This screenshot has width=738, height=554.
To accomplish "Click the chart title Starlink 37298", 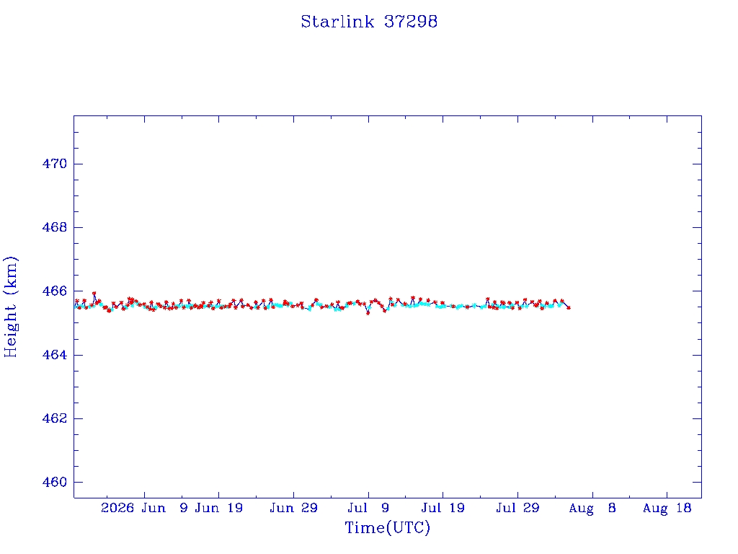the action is coord(369,22).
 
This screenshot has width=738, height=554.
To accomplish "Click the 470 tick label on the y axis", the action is coord(55,164).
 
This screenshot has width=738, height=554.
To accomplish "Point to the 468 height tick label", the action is coord(55,227).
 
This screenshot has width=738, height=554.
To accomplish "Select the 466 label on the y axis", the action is coord(55,291).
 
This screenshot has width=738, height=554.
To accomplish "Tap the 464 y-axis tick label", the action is coord(55,355).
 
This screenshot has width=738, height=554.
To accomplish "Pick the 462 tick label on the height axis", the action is coord(55,418).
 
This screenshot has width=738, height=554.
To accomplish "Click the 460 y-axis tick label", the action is coord(55,483).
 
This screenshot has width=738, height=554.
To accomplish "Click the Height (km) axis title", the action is coord(10,307).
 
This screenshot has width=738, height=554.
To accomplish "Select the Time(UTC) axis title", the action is coord(387,527).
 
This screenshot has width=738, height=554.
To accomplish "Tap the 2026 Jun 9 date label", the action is coord(144,508).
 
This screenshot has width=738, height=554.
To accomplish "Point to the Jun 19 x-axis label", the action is coord(219,508).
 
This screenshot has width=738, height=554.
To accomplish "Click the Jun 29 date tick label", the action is coord(294,508).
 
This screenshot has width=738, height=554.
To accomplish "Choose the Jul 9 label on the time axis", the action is coord(368,508).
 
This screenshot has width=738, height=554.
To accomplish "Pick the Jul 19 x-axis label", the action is coord(443,508).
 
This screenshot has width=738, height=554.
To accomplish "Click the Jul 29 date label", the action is coord(517,508).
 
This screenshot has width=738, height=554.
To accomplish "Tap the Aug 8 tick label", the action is coord(592,508).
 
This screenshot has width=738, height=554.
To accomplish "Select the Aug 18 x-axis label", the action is coord(667,508).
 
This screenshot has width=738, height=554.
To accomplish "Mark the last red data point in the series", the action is coord(569,307).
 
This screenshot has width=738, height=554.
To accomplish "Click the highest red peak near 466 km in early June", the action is coord(94,294).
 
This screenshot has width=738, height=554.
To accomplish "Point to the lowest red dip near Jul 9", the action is coord(368,313).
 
